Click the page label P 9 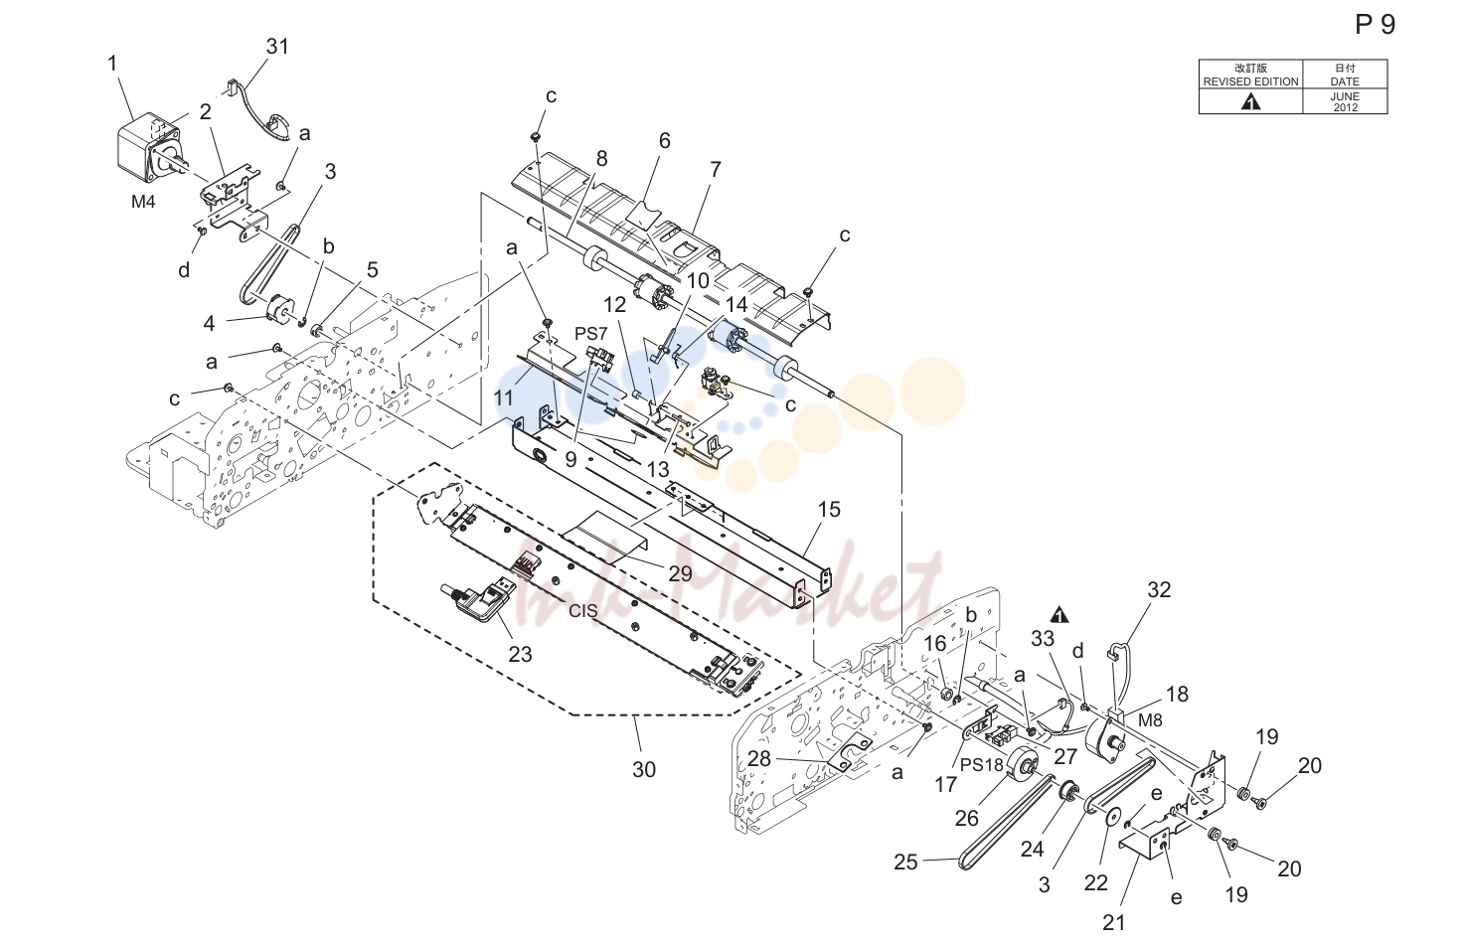1375,25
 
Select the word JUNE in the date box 1345,96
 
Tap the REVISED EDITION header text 1250,81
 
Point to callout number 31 277,47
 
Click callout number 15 829,509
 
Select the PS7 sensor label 590,334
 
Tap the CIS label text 582,610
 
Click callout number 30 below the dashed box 644,769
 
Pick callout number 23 520,654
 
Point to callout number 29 680,573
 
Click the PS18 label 981,765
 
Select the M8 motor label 1150,719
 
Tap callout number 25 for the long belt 905,863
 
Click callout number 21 1113,922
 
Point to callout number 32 1159,589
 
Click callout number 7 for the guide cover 716,169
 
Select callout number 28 759,758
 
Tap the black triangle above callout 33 1059,615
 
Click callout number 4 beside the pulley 210,323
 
